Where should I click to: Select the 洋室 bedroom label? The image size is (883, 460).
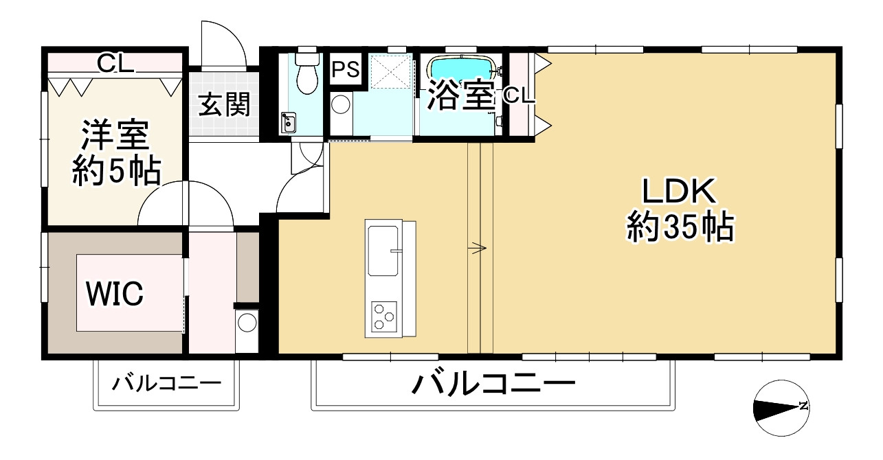[115, 136]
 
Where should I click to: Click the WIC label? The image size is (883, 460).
[115, 294]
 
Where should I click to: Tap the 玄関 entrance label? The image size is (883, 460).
[224, 104]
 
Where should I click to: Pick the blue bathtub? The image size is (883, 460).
[462, 69]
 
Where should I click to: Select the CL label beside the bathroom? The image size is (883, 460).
[518, 95]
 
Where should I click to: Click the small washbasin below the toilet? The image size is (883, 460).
[288, 124]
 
